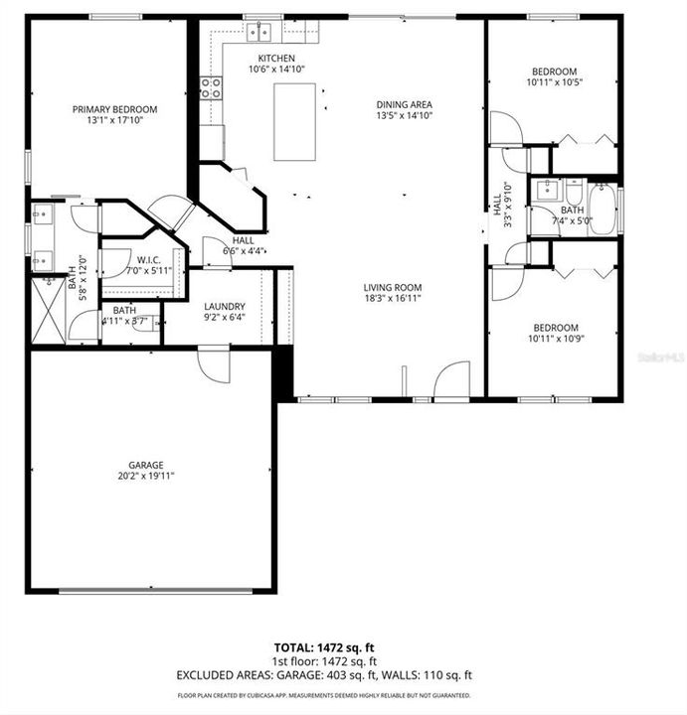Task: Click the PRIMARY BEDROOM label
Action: [x=114, y=109]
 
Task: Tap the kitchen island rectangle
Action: [x=295, y=121]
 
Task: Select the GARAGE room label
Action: [x=145, y=465]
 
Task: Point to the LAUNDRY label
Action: [x=224, y=306]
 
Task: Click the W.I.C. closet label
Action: [x=141, y=258]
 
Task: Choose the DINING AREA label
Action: [x=404, y=103]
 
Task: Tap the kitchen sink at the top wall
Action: [x=259, y=31]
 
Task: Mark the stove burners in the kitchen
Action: [x=210, y=87]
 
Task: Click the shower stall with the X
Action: [x=48, y=310]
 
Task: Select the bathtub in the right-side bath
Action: [x=602, y=210]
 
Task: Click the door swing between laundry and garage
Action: [x=215, y=365]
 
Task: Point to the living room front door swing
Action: [x=452, y=379]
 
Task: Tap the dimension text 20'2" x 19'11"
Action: [x=145, y=477]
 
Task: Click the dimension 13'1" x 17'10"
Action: [x=114, y=121]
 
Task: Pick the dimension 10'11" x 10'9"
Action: [x=555, y=340]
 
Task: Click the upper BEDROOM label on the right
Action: [x=554, y=71]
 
